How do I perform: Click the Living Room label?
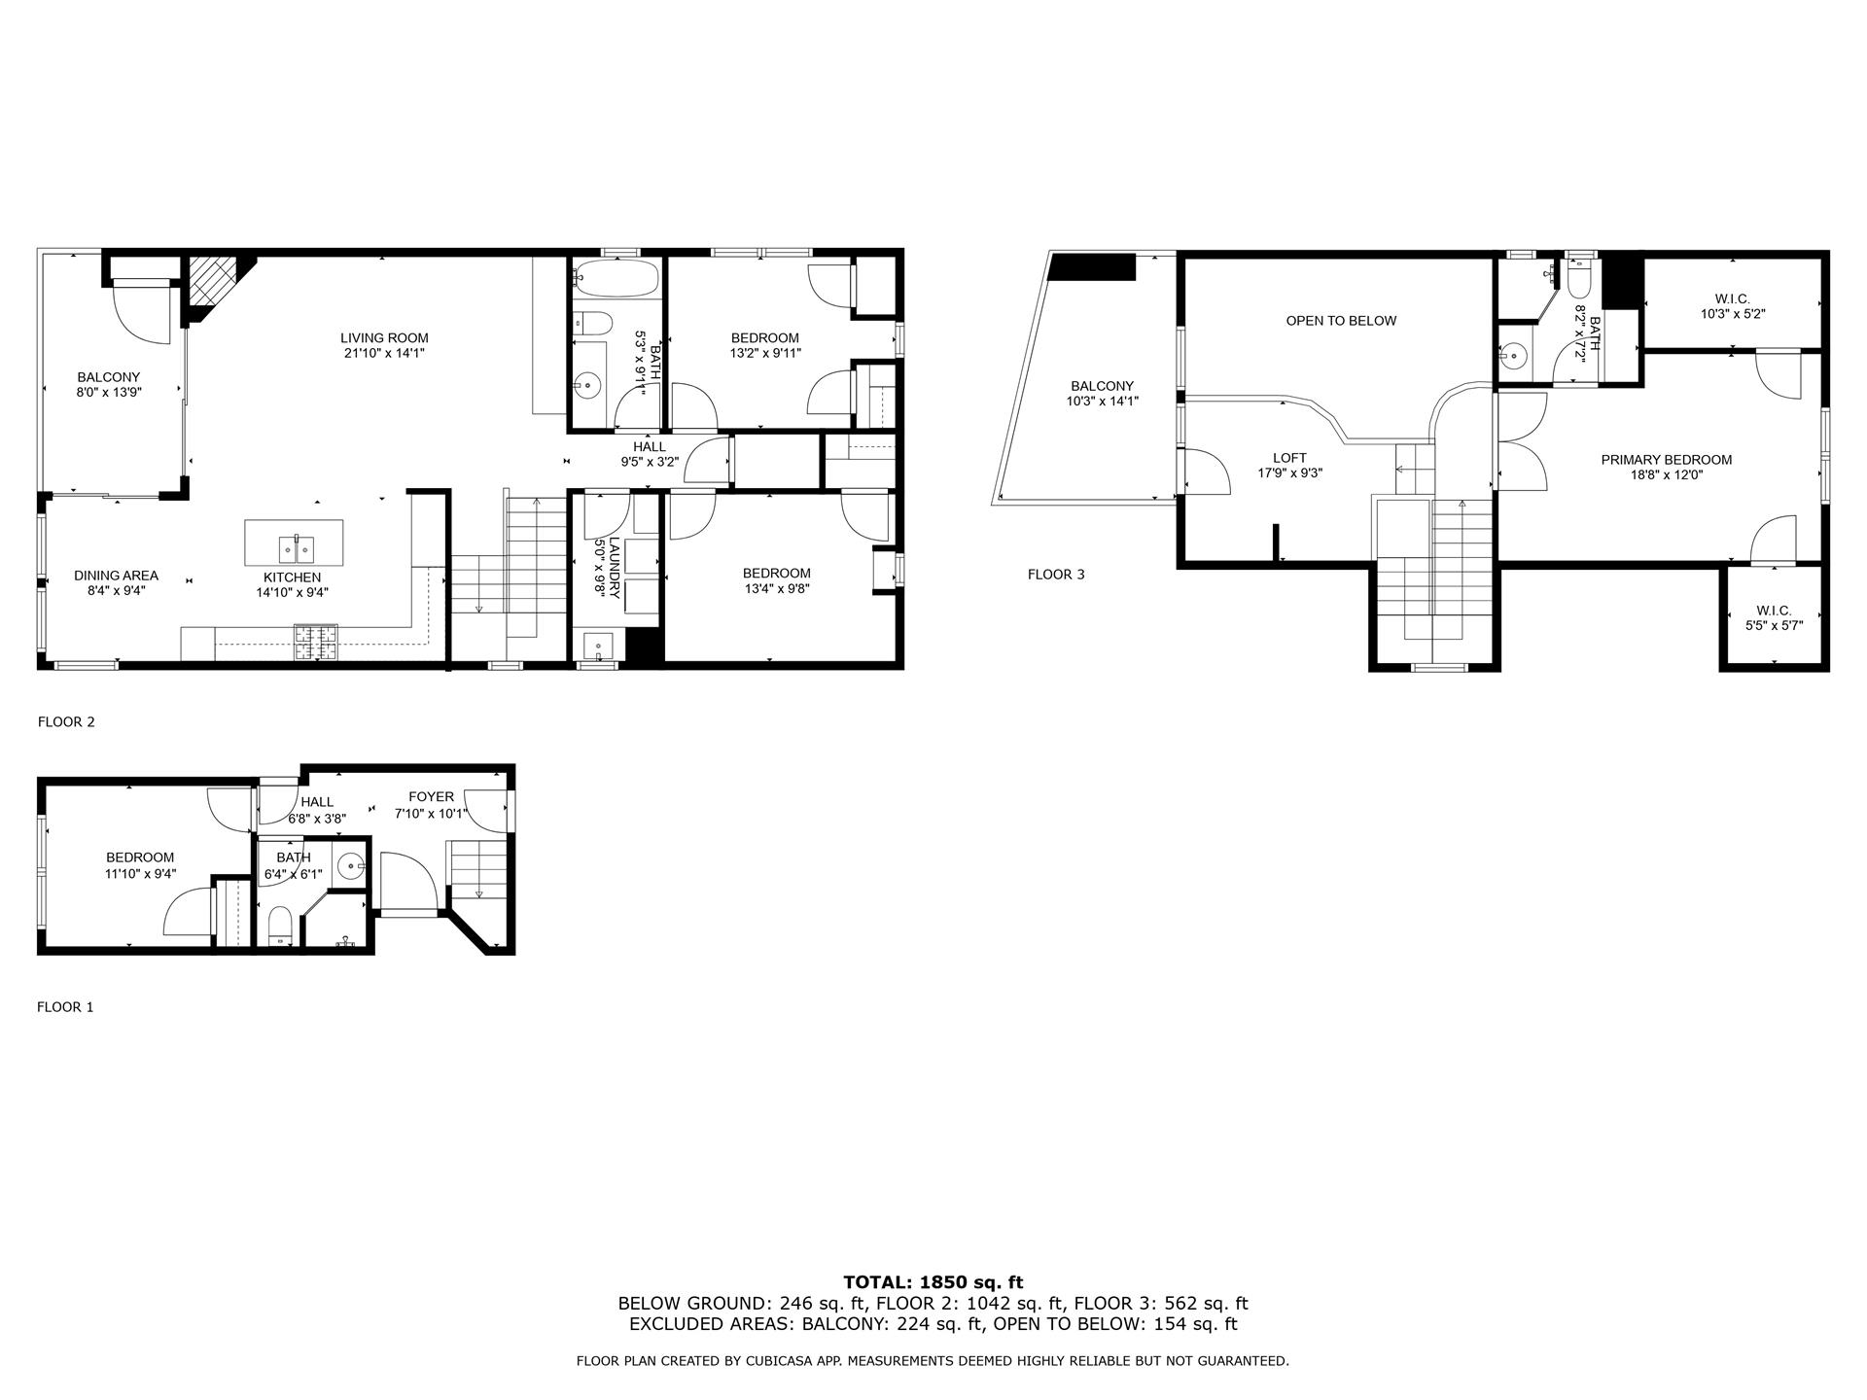click(x=384, y=338)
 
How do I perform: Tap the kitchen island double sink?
click(x=295, y=549)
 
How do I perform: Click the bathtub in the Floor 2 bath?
click(x=616, y=278)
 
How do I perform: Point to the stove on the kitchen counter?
click(x=316, y=642)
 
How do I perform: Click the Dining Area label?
click(x=116, y=576)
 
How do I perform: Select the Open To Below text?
click(x=1341, y=321)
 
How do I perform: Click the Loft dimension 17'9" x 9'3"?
click(x=1289, y=473)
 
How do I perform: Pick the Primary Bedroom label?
click(x=1666, y=460)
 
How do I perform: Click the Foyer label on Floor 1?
click(x=431, y=797)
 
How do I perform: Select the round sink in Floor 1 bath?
click(x=350, y=863)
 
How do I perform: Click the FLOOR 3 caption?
click(x=1056, y=575)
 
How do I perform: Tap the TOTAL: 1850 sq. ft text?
click(x=933, y=1283)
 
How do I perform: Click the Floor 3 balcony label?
click(x=1102, y=386)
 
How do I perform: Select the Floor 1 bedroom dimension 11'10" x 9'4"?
click(x=140, y=874)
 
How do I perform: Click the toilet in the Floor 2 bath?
click(x=591, y=323)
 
